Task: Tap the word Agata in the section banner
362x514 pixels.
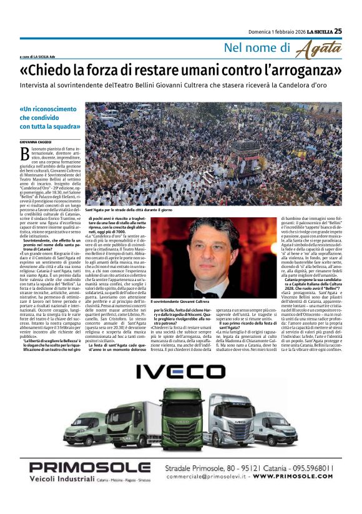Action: pyautogui.click(x=318, y=49)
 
